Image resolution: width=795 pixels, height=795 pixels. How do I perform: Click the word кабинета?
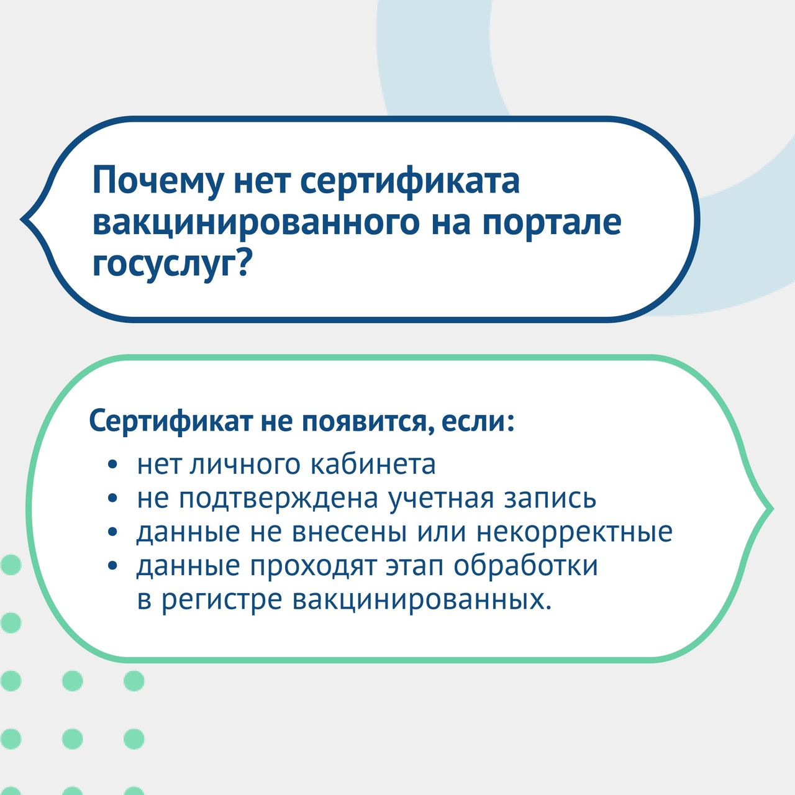pyautogui.click(x=373, y=464)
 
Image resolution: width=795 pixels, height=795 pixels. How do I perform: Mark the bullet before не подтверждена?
pyautogui.click(x=112, y=498)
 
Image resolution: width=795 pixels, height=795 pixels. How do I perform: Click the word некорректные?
pyautogui.click(x=575, y=532)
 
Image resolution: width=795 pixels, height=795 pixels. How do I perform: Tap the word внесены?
pyautogui.click(x=350, y=532)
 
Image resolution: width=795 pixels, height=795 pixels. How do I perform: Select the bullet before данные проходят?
pyautogui.click(x=112, y=565)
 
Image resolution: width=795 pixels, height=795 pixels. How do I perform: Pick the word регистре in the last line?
pyautogui.click(x=222, y=600)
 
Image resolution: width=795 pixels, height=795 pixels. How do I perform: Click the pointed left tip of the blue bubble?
pyautogui.click(x=22, y=219)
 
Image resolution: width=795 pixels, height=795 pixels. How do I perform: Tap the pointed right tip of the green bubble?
pyautogui.click(x=772, y=509)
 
